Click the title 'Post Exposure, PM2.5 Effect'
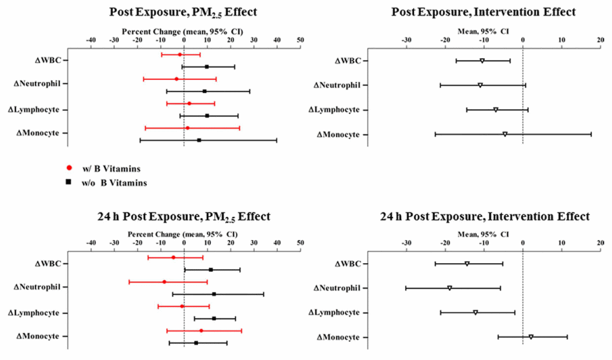184,12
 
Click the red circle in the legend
69,168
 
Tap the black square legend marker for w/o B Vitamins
69,183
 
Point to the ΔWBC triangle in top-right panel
482,61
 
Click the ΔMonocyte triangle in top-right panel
505,134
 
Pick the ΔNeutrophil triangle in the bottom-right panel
449,288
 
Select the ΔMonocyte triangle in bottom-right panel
531,337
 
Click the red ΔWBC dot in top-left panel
180,55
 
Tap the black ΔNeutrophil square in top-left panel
204,91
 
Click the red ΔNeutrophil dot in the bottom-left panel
164,282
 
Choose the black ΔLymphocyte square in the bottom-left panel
214,318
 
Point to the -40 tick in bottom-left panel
91,243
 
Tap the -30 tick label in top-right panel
407,40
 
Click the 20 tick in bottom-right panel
600,243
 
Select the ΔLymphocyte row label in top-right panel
337,110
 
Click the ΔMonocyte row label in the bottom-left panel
38,336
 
